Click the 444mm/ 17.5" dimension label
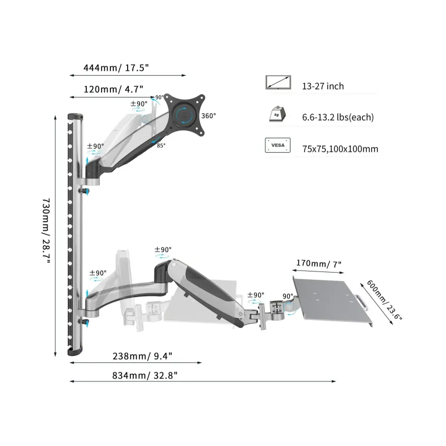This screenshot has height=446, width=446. [x=116, y=68]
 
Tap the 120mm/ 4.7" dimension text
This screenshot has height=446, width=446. [x=113, y=89]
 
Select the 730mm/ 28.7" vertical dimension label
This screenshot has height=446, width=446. [x=46, y=231]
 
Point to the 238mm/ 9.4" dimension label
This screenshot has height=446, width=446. [x=142, y=356]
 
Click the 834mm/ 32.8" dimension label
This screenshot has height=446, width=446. [x=145, y=375]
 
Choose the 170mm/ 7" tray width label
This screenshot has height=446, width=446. [x=318, y=264]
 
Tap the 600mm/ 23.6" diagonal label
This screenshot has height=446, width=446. [x=384, y=300]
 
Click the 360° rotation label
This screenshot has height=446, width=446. [x=209, y=116]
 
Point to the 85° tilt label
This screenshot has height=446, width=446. [x=161, y=146]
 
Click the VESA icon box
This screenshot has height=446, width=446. [x=278, y=146]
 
